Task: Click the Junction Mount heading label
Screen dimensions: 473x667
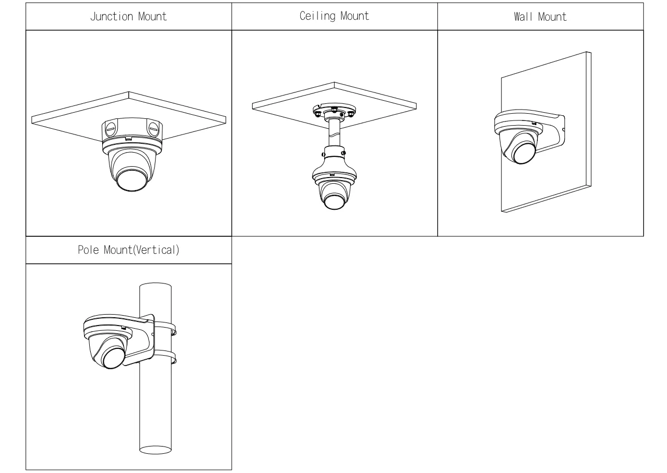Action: tap(129, 17)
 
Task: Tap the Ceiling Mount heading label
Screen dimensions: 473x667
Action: tap(335, 17)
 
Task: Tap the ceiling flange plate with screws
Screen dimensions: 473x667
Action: tap(333, 111)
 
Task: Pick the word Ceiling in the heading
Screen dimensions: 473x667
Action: tap(318, 17)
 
